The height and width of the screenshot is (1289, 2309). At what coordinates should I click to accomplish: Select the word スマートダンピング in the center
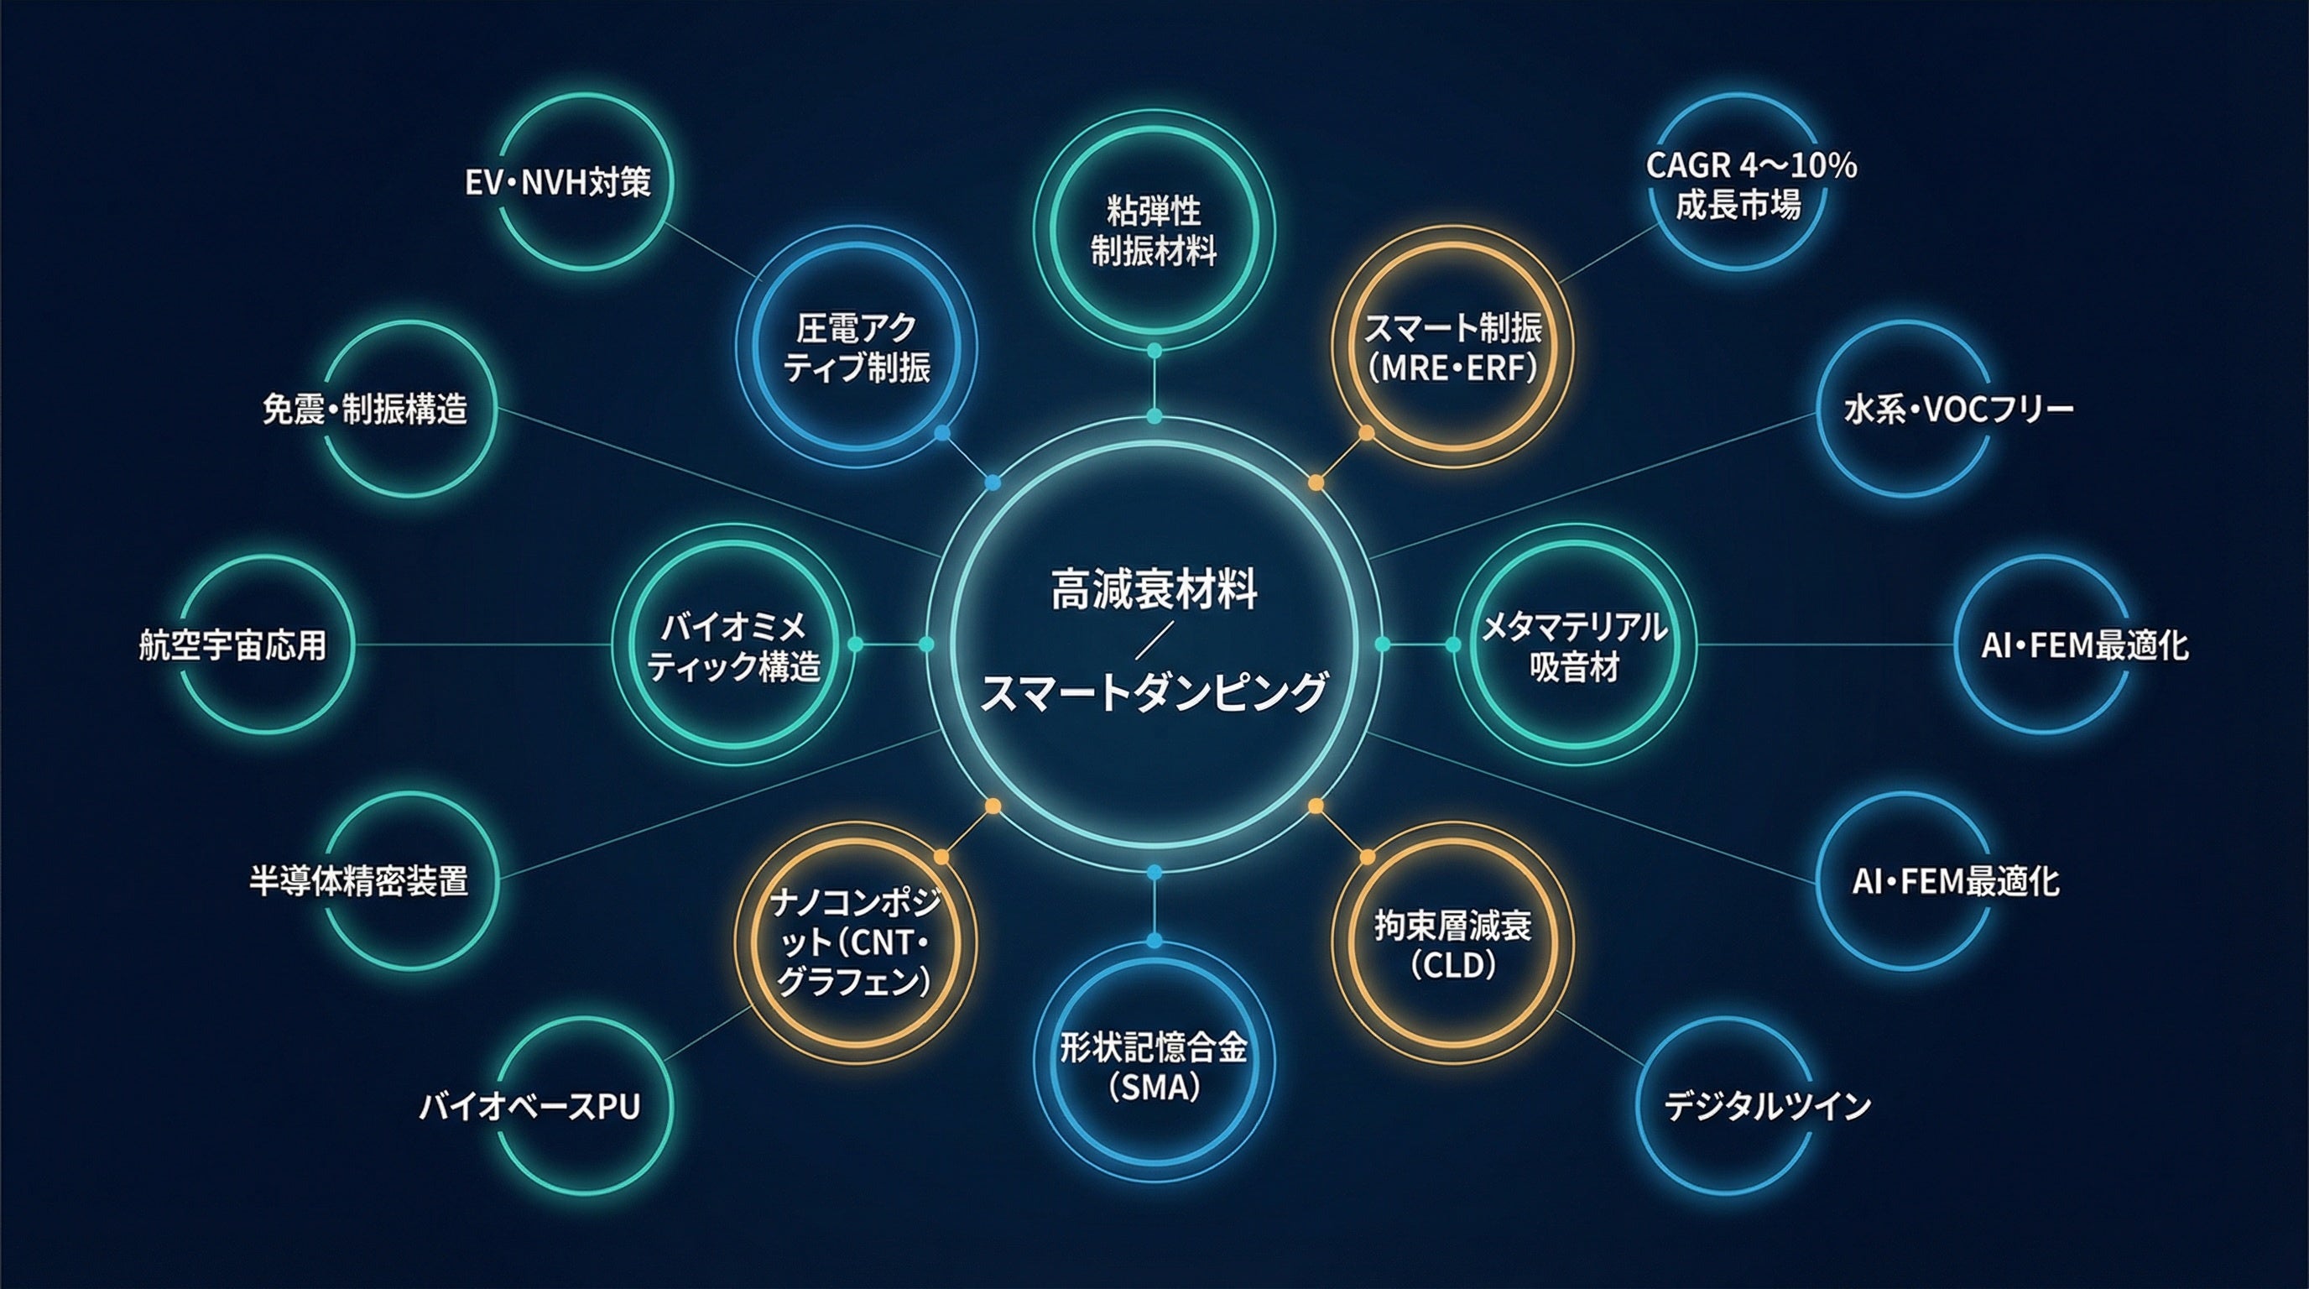click(x=1154, y=693)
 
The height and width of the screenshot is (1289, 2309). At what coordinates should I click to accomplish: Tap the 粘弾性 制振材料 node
click(x=1154, y=232)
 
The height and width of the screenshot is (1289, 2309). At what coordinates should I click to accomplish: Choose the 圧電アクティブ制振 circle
click(x=856, y=347)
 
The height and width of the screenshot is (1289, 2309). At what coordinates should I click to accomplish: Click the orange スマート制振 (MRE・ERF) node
click(x=1452, y=347)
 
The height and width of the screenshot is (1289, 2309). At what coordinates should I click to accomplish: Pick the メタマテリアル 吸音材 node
click(x=1574, y=645)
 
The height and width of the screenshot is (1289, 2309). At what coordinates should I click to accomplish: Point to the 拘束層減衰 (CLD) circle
click(x=1452, y=944)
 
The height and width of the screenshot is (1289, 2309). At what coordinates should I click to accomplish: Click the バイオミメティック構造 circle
click(x=734, y=645)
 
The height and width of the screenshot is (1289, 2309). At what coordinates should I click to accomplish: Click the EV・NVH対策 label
click(x=557, y=183)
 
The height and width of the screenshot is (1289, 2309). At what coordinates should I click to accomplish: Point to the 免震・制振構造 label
click(x=365, y=410)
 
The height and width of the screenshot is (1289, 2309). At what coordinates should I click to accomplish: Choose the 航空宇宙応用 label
click(x=233, y=645)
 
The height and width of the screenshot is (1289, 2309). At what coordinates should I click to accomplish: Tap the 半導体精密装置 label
click(x=358, y=881)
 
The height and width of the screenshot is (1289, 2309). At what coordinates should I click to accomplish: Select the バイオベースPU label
click(x=529, y=1107)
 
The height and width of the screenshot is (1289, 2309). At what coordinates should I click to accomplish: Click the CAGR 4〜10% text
click(x=1750, y=166)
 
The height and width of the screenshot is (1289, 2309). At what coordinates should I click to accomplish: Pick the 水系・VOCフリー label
click(x=1958, y=410)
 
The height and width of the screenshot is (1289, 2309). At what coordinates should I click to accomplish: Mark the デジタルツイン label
click(x=1768, y=1107)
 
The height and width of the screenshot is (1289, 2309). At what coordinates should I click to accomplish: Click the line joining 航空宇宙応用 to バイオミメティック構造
click(x=484, y=644)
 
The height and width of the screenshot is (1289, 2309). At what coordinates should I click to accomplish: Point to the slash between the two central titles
click(x=1154, y=642)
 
